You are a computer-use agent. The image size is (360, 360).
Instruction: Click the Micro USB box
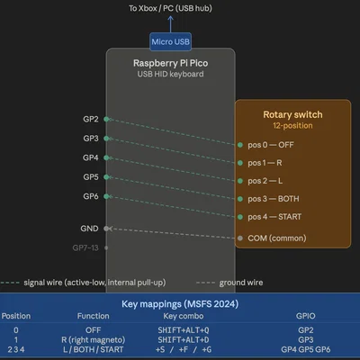point(170,41)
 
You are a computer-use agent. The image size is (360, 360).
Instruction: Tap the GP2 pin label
point(91,119)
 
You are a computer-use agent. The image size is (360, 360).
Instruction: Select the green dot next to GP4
point(106,157)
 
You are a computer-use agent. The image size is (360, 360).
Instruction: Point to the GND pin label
point(89,229)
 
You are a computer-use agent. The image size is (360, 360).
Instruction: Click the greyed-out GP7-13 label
point(85,247)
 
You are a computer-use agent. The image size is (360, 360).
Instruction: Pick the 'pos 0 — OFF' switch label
point(271,145)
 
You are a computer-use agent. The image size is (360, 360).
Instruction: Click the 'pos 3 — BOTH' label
point(274,199)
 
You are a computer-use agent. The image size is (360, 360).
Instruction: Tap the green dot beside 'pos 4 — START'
point(240,217)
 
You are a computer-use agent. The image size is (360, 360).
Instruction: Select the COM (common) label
point(277,238)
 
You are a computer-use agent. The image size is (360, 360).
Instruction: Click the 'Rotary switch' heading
point(292,114)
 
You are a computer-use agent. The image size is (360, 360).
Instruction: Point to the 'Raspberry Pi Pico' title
point(170,63)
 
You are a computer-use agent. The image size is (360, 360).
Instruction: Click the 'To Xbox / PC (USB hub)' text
point(170,8)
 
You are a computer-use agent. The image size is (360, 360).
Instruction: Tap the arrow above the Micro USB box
point(170,24)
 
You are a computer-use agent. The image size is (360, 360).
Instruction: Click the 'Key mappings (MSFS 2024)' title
point(180,304)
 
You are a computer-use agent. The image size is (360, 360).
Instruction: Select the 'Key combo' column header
point(184,316)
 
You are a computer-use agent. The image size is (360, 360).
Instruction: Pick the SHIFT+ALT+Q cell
point(184,330)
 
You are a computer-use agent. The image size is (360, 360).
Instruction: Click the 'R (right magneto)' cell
point(93,340)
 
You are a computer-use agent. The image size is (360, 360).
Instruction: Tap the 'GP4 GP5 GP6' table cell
point(306,349)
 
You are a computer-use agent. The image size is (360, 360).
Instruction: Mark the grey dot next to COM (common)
point(240,238)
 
